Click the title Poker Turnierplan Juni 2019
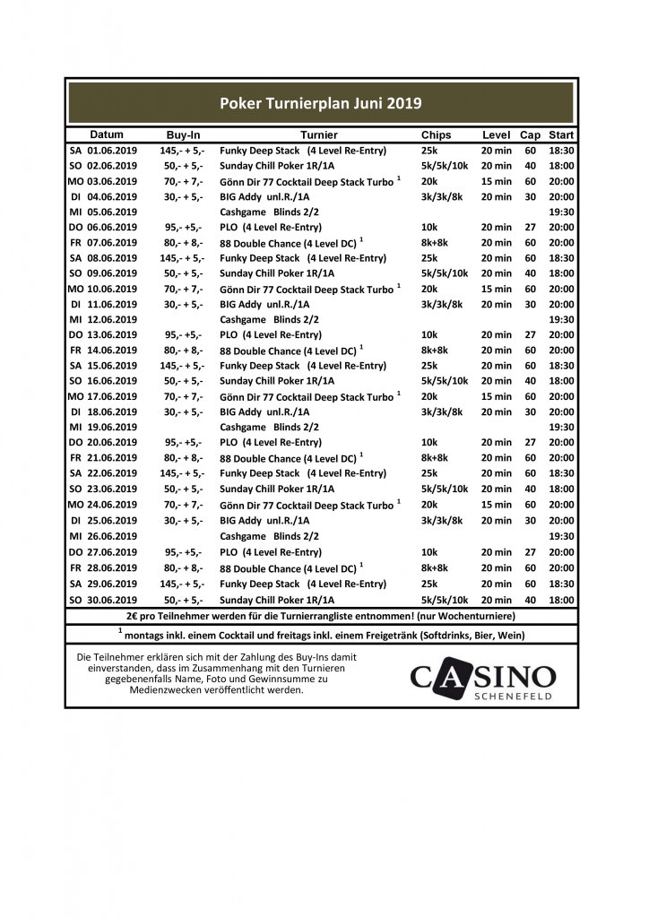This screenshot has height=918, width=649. tap(321, 103)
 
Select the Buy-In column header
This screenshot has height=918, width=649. tap(183, 134)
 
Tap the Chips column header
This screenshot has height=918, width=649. tap(436, 134)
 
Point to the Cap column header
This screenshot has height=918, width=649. tap(531, 134)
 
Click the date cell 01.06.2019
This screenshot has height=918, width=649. tap(112, 151)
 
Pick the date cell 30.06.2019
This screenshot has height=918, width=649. tap(112, 600)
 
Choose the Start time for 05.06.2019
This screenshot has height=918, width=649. tap(561, 212)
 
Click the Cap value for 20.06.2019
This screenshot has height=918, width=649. tap(531, 443)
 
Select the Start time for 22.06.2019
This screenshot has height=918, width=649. tap(561, 473)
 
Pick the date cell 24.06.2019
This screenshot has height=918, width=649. tap(112, 505)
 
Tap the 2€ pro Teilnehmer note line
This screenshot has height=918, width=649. tap(321, 616)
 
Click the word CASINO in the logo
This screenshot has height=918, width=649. tap(483, 677)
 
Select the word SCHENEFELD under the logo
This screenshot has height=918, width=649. tap(512, 697)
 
